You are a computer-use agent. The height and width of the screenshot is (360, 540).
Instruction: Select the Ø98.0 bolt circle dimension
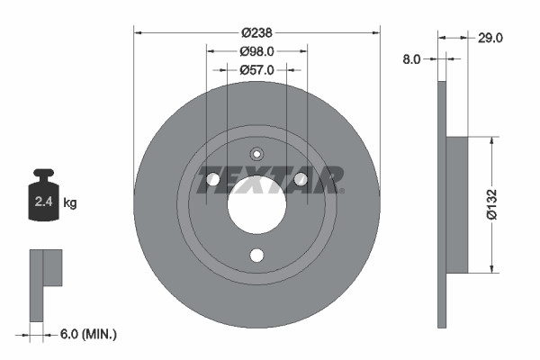point(256,52)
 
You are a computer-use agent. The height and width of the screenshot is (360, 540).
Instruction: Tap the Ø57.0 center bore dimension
point(256,68)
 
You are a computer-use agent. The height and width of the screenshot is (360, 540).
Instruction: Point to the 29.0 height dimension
point(490,38)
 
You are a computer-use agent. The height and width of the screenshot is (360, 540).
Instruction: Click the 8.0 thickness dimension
point(411,58)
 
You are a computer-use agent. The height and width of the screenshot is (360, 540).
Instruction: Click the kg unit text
point(70,203)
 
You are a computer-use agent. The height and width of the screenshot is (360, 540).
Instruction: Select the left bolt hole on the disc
point(213,181)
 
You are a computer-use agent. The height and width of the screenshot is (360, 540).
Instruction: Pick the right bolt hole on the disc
point(300,181)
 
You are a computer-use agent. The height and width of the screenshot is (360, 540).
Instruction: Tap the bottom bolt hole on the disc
point(256,256)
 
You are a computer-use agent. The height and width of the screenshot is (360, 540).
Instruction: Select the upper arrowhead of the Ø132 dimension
point(491,141)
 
